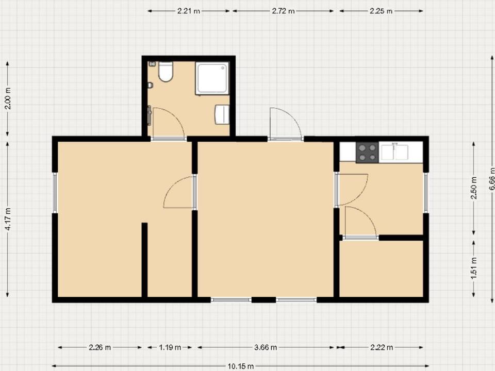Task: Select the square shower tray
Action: (x=212, y=78)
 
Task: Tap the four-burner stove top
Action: (x=367, y=152)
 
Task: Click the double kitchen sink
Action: (x=394, y=152)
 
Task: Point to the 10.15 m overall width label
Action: (x=240, y=366)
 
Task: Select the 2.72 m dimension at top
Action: (x=283, y=11)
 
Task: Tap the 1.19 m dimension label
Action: (x=170, y=347)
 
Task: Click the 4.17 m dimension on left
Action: (x=8, y=220)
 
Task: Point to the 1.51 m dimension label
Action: (x=474, y=268)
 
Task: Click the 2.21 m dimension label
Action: (x=189, y=11)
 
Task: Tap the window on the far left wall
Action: (x=55, y=193)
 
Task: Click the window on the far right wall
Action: (x=426, y=193)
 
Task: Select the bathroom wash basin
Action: (x=222, y=114)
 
